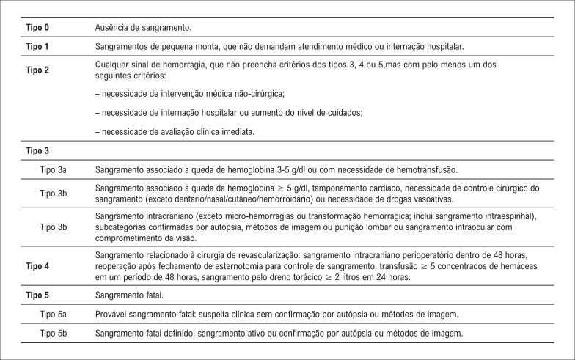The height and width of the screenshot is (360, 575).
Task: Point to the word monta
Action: click(x=207, y=46)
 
